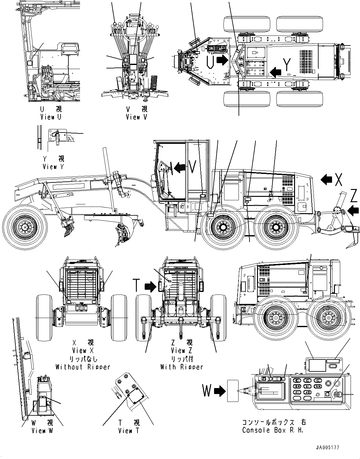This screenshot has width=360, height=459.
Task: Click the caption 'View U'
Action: [x=51, y=117]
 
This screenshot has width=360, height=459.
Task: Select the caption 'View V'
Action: [x=137, y=117]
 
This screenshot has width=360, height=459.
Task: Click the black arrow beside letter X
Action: [x=326, y=180]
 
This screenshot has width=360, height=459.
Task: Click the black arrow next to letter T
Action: [x=150, y=286]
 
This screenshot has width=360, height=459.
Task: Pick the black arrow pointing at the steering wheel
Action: [x=180, y=168]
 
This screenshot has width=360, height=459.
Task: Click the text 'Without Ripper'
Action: [x=83, y=367]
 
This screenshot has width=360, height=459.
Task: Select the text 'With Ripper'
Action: [x=182, y=367]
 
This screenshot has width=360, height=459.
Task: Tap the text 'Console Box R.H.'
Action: [x=273, y=430]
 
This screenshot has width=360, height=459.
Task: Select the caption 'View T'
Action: [x=129, y=431]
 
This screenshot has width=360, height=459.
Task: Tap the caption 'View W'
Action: [x=42, y=431]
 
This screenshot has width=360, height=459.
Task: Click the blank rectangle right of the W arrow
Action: [x=233, y=390]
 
